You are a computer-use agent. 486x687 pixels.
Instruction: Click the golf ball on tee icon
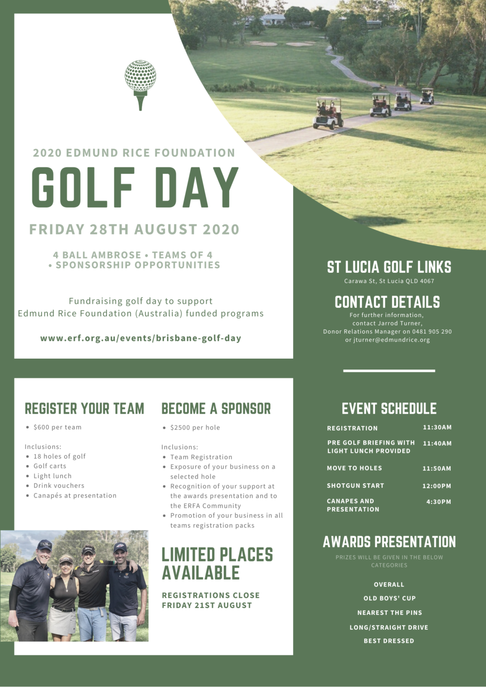coord(140,83)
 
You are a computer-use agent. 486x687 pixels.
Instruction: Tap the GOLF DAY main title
coord(135,187)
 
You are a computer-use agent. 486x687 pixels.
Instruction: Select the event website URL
coord(141,338)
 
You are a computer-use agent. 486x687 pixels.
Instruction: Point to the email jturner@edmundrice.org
coord(391,340)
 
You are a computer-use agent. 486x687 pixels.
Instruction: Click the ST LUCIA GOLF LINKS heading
coord(389,267)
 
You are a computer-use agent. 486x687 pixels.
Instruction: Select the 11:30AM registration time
coord(437,427)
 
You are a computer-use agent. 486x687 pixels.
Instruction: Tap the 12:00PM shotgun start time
coord(436,486)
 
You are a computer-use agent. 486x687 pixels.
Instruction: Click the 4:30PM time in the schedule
coord(438,502)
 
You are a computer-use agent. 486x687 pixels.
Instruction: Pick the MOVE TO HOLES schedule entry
coord(354,468)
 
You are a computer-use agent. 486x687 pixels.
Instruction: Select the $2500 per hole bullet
coord(195,427)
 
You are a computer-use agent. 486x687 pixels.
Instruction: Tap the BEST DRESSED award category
coord(389,641)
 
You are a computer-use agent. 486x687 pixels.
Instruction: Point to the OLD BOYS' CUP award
coord(389,598)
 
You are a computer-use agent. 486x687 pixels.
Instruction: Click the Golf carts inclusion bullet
coord(50,466)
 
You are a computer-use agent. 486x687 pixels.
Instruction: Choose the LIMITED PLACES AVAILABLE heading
coord(217,564)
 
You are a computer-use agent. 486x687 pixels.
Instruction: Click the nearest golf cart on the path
coord(328,114)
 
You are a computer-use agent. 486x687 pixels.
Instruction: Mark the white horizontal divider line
coord(389,371)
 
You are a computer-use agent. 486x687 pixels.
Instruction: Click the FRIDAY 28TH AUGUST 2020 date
coord(135,230)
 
